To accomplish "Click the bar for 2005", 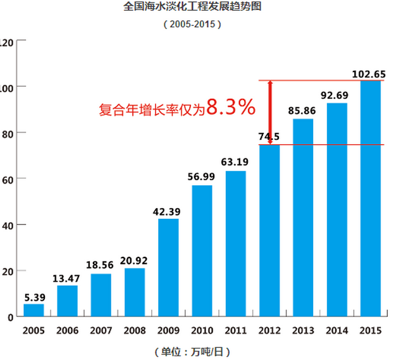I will (x=34, y=310).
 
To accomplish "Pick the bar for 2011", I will (x=236, y=244).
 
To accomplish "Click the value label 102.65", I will (x=369, y=74).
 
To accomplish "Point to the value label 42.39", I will (x=168, y=211).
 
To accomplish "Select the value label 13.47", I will (x=67, y=278).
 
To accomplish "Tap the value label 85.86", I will (x=303, y=111).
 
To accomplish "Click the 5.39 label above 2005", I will (x=34, y=296).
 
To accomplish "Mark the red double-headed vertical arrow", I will (x=270, y=113).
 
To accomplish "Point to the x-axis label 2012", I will (x=269, y=330).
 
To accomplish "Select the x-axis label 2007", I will (x=101, y=330).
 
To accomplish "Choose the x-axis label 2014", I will (x=336, y=330).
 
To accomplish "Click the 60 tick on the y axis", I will (x=7, y=178).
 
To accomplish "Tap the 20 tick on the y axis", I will (x=7, y=271).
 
